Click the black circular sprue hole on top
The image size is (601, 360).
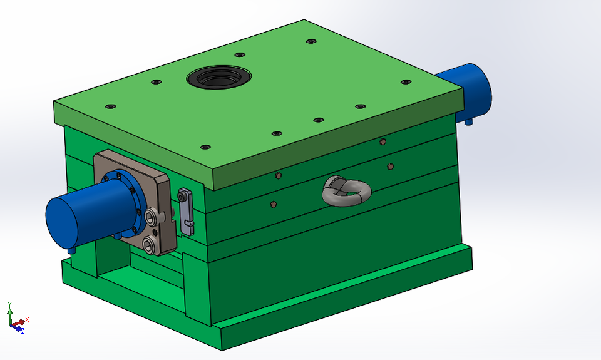218,78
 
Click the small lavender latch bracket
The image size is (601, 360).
186,211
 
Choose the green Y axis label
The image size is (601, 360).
9,304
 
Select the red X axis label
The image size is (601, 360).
28,319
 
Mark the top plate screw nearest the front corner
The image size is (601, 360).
205,147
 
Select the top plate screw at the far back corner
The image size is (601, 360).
311,41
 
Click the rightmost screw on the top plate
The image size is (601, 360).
405,81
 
